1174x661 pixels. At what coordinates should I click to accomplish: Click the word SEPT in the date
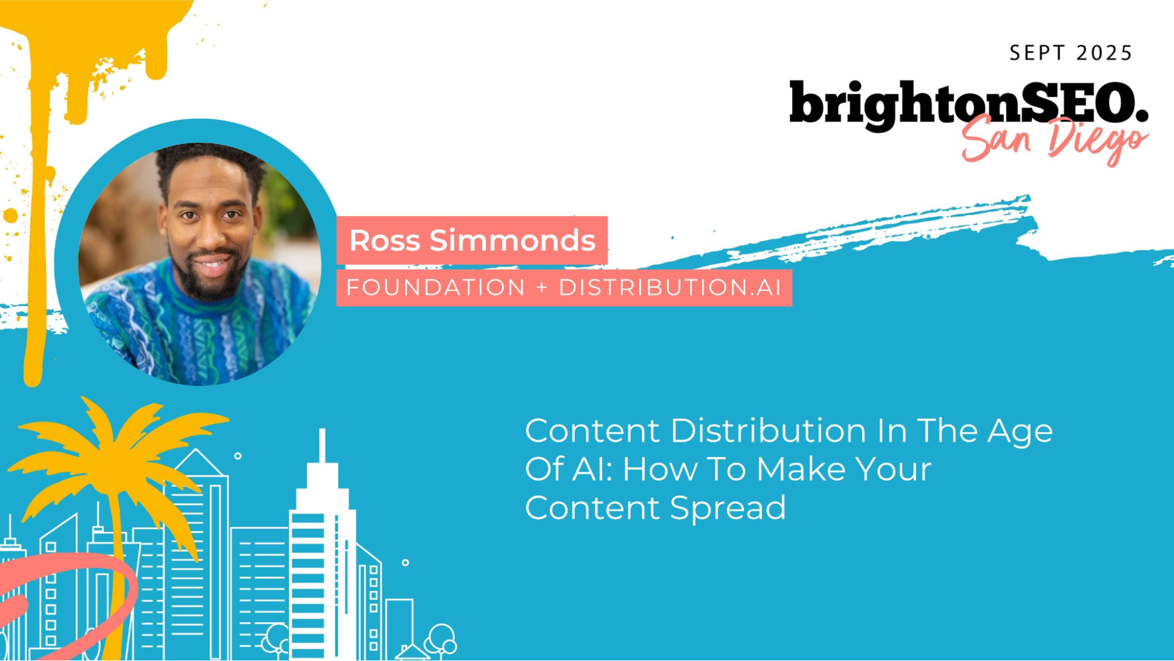(1037, 53)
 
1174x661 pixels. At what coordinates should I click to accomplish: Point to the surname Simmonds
(513, 240)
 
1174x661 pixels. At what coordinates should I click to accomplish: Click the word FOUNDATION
(435, 288)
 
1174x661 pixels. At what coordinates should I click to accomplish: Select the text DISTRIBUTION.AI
(670, 288)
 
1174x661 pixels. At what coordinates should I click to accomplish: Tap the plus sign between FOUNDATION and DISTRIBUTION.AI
(541, 288)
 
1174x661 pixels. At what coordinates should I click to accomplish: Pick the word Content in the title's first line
(593, 431)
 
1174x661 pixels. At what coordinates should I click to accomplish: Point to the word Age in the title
(1020, 432)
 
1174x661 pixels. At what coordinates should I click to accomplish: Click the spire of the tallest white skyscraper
(322, 447)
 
